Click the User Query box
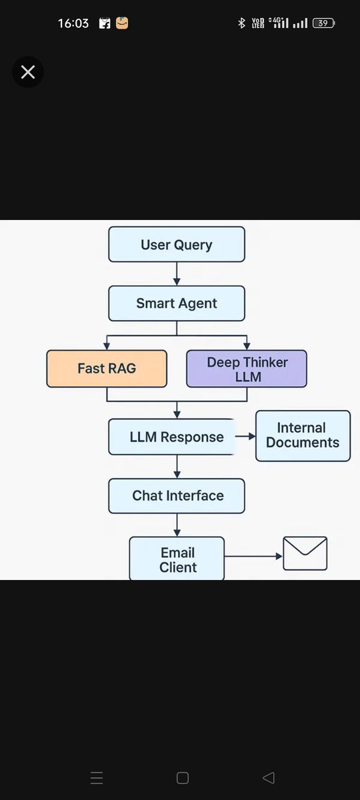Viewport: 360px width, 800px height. [177, 245]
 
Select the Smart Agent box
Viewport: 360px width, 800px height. [177, 303]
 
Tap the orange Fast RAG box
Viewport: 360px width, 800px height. [107, 368]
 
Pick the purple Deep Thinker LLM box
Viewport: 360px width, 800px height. [247, 369]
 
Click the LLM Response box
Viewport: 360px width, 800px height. [172, 437]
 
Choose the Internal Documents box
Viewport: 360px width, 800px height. [303, 435]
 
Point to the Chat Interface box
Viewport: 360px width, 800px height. [177, 496]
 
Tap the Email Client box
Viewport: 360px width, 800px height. [177, 559]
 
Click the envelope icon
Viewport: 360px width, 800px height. [305, 554]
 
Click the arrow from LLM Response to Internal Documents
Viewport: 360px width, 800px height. [245, 437]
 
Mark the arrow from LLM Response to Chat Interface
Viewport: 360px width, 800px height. [177, 467]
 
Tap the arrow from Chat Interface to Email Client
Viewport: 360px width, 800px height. [177, 525]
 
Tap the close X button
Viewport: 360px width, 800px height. [28, 72]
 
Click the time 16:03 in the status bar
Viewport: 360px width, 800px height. [73, 23]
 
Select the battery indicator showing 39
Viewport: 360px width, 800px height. [323, 23]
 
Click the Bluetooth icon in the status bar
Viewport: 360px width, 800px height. [241, 23]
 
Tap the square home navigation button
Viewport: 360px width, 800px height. [182, 778]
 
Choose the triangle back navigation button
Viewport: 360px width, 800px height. [269, 778]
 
